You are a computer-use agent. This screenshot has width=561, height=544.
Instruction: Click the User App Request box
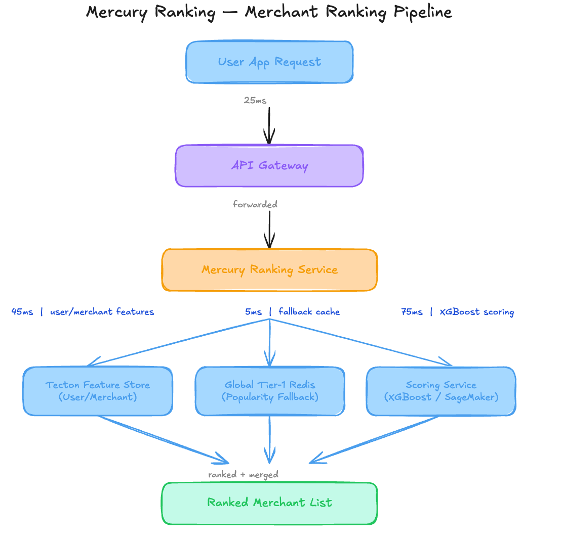click(269, 62)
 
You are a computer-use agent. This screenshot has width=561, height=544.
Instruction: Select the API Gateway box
click(269, 166)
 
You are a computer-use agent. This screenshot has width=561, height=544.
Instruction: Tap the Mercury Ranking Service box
click(269, 270)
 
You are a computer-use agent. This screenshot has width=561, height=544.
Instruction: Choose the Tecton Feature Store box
click(98, 391)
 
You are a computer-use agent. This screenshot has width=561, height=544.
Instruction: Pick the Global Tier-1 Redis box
click(270, 391)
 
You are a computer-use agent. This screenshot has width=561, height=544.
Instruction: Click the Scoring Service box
click(441, 391)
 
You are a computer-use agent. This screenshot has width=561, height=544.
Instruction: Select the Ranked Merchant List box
click(269, 503)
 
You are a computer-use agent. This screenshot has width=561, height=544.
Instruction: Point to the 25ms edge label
click(255, 101)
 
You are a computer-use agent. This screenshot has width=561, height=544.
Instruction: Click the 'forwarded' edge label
click(255, 204)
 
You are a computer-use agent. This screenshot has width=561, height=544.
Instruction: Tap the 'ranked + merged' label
click(244, 475)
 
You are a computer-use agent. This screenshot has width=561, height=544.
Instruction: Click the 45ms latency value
click(22, 312)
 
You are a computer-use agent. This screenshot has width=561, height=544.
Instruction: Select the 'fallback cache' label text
click(309, 312)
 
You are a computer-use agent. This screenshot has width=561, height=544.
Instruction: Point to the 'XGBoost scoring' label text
click(477, 312)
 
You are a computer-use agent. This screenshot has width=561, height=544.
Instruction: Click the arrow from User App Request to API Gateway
click(269, 126)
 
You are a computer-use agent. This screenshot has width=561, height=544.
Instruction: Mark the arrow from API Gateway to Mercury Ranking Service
click(269, 230)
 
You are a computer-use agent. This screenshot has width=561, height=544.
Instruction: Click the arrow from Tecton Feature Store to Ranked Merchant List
click(164, 440)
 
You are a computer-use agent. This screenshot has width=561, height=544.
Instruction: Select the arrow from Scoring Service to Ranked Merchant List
click(374, 440)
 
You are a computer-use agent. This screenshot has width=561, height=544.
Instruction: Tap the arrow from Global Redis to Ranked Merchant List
click(270, 440)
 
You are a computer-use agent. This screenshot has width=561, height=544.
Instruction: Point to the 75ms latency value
click(412, 312)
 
